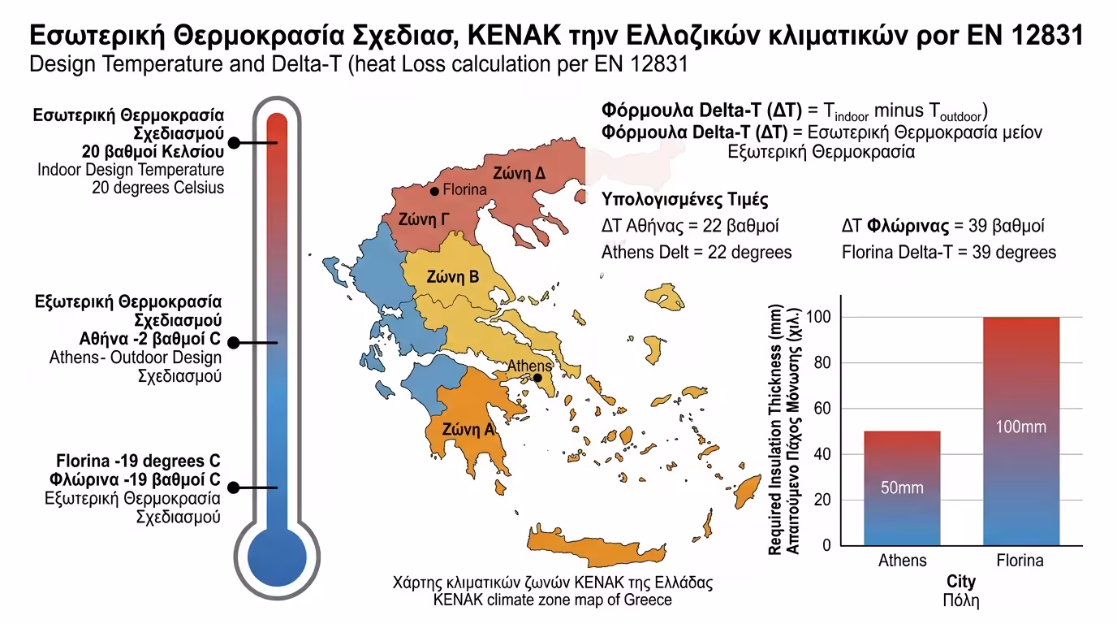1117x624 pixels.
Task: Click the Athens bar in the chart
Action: [902, 487]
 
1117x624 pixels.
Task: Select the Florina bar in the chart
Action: [1020, 431]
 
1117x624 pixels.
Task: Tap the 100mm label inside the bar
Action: [1020, 427]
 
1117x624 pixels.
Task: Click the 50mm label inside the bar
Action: [902, 488]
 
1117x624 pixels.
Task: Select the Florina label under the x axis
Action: [1020, 561]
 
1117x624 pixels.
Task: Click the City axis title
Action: [961, 582]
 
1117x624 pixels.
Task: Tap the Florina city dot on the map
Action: [434, 191]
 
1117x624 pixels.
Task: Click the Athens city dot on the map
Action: [537, 378]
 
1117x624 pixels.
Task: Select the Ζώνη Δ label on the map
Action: [520, 173]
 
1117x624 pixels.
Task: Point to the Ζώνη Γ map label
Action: [424, 219]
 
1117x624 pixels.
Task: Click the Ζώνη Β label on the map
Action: [453, 277]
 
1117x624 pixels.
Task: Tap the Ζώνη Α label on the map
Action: [468, 430]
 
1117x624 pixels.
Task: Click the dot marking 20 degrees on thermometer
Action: [234, 143]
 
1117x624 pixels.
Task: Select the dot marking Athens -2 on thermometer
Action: [234, 343]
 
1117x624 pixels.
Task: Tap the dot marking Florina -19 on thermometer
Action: [234, 487]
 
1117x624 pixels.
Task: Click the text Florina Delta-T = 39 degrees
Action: [949, 252]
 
